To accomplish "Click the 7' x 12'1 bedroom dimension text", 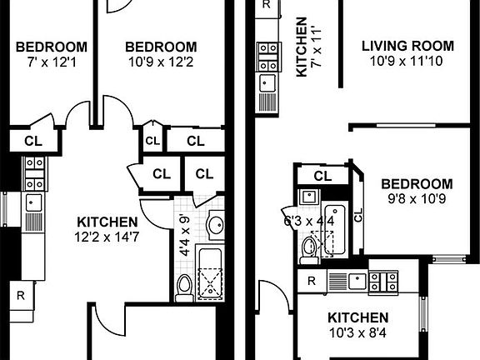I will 52,61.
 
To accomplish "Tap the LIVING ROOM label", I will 408,46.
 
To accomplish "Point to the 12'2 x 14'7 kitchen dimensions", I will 107,237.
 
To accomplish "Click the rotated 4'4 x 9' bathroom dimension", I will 185,236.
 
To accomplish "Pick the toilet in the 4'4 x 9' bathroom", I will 184,286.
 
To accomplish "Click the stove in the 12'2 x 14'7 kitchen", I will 34,175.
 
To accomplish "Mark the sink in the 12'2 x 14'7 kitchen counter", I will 34,202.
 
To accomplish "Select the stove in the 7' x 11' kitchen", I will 268,57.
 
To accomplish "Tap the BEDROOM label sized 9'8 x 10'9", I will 417,184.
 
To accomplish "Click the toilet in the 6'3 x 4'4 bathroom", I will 309,247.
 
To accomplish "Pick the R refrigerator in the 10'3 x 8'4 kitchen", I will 312,281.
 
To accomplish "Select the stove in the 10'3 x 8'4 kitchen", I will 384,280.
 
